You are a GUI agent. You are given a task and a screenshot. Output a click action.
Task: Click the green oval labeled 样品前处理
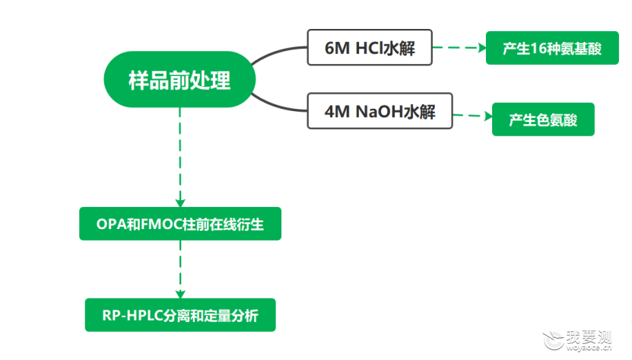tap(179, 79)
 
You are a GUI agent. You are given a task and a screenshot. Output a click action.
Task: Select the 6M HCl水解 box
tap(370, 47)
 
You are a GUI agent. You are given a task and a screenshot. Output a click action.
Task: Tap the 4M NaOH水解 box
tap(380, 111)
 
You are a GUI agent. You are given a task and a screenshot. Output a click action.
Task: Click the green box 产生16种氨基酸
tap(552, 48)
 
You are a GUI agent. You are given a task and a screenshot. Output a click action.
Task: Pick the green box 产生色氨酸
tap(543, 119)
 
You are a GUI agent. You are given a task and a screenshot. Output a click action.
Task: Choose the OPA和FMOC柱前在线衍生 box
tap(180, 224)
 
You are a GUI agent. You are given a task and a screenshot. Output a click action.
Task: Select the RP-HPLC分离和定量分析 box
tap(180, 315)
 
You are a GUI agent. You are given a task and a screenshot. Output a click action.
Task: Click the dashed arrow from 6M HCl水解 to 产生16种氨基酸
tap(459, 48)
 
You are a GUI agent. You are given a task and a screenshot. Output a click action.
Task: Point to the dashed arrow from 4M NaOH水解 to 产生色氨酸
tap(472, 116)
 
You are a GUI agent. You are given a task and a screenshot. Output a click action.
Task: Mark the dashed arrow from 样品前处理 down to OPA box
tap(180, 158)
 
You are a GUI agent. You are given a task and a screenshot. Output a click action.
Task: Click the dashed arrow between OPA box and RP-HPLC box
tap(180, 269)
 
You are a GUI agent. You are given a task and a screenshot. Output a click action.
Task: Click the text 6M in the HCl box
tap(337, 48)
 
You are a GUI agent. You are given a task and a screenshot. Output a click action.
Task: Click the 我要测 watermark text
tap(589, 337)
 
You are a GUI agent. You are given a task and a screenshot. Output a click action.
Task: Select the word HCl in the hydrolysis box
tap(369, 48)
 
